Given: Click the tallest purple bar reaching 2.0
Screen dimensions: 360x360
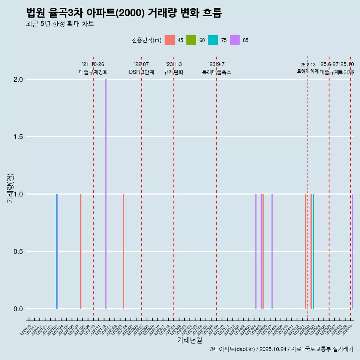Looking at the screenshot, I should (x=106, y=193).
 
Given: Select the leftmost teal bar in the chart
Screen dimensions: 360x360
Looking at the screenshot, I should (x=56, y=251).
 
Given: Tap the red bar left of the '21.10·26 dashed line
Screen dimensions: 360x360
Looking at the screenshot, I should (x=81, y=251).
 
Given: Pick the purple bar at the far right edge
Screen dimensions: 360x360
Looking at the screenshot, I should (x=352, y=251).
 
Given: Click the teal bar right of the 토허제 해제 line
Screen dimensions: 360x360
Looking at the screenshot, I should (x=313, y=251).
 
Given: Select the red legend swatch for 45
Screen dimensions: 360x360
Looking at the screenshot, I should (x=169, y=40).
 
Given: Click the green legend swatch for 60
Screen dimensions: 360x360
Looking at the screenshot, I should (x=191, y=40).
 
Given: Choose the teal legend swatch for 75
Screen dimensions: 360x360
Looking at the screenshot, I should (x=213, y=40).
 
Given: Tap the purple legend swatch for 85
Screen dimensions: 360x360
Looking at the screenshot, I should (x=235, y=40).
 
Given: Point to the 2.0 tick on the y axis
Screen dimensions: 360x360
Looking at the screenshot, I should (x=18, y=79).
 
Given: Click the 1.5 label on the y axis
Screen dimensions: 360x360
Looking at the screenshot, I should (x=18, y=137).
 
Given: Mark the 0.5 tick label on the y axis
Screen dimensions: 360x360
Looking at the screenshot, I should (x=18, y=252).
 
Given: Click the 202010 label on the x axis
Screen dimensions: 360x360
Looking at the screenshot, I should (x=26, y=331).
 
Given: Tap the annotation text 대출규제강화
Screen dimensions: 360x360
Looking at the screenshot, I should (x=93, y=72).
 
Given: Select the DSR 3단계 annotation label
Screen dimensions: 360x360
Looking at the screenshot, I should (x=141, y=72).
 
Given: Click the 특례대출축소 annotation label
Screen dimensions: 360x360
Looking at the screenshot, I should (x=216, y=72).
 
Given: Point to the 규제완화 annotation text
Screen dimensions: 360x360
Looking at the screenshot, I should (x=174, y=72).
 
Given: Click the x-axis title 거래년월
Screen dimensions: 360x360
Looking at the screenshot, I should (x=189, y=340).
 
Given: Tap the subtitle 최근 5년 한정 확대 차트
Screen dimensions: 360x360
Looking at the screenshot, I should (x=60, y=24).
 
